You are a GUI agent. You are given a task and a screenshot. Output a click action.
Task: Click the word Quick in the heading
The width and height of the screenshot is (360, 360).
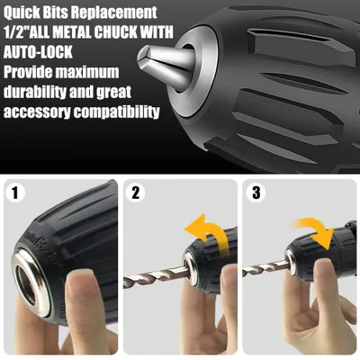[22, 13]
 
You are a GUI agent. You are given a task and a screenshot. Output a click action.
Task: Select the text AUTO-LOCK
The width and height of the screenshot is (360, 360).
[38, 52]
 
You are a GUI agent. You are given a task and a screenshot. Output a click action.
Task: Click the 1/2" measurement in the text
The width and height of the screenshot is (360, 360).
[17, 32]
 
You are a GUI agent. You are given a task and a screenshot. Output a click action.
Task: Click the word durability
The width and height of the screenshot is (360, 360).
[34, 92]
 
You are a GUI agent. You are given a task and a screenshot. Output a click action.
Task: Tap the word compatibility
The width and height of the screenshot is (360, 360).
[117, 112]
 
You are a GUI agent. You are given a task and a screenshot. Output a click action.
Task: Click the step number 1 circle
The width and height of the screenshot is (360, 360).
[15, 193]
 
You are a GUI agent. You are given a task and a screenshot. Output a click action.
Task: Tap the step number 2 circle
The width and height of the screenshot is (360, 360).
[136, 193]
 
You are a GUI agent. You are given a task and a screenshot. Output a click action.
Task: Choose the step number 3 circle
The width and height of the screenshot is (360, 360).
[256, 193]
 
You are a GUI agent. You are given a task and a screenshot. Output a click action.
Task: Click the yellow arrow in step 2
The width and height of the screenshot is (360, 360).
[210, 232]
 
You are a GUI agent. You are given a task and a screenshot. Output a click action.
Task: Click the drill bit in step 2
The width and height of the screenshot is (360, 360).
[156, 275]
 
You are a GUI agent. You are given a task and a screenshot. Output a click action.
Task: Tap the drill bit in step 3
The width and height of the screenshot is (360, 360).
[265, 266]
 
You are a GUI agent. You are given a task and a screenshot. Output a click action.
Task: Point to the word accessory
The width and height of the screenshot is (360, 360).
[37, 112]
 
